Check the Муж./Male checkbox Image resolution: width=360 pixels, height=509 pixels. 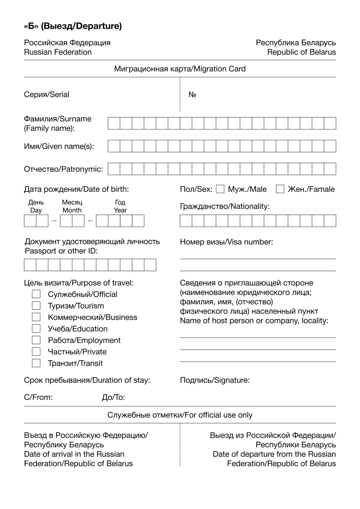[x=220, y=189]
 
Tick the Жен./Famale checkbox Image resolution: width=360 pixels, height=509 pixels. [x=280, y=189]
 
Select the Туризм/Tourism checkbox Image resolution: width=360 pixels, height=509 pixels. [x=36, y=306]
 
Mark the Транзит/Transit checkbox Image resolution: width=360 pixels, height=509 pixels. [x=36, y=363]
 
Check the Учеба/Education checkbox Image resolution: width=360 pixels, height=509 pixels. [x=36, y=328]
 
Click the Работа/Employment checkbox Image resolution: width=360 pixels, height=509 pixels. [x=36, y=340]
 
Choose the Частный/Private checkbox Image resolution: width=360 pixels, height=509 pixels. [x=36, y=351]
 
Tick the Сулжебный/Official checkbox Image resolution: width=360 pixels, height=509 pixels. [x=36, y=294]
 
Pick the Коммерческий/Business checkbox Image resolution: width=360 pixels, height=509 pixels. [x=36, y=317]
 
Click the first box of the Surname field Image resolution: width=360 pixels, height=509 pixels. [x=114, y=123]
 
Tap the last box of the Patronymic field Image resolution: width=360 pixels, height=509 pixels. [x=330, y=169]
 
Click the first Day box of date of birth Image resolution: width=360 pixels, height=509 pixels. [x=30, y=221]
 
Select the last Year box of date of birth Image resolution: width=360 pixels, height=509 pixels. [x=138, y=221]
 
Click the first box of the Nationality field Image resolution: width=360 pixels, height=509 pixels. [x=186, y=221]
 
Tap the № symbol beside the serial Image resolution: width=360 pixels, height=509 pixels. [x=192, y=95]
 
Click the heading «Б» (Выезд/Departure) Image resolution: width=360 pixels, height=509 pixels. [x=73, y=26]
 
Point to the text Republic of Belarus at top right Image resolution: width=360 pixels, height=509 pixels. [x=301, y=52]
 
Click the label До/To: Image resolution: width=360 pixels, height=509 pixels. [x=113, y=397]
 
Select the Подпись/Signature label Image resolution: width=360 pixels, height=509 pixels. [x=215, y=380]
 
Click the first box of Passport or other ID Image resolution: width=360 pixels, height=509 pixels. [x=30, y=265]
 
